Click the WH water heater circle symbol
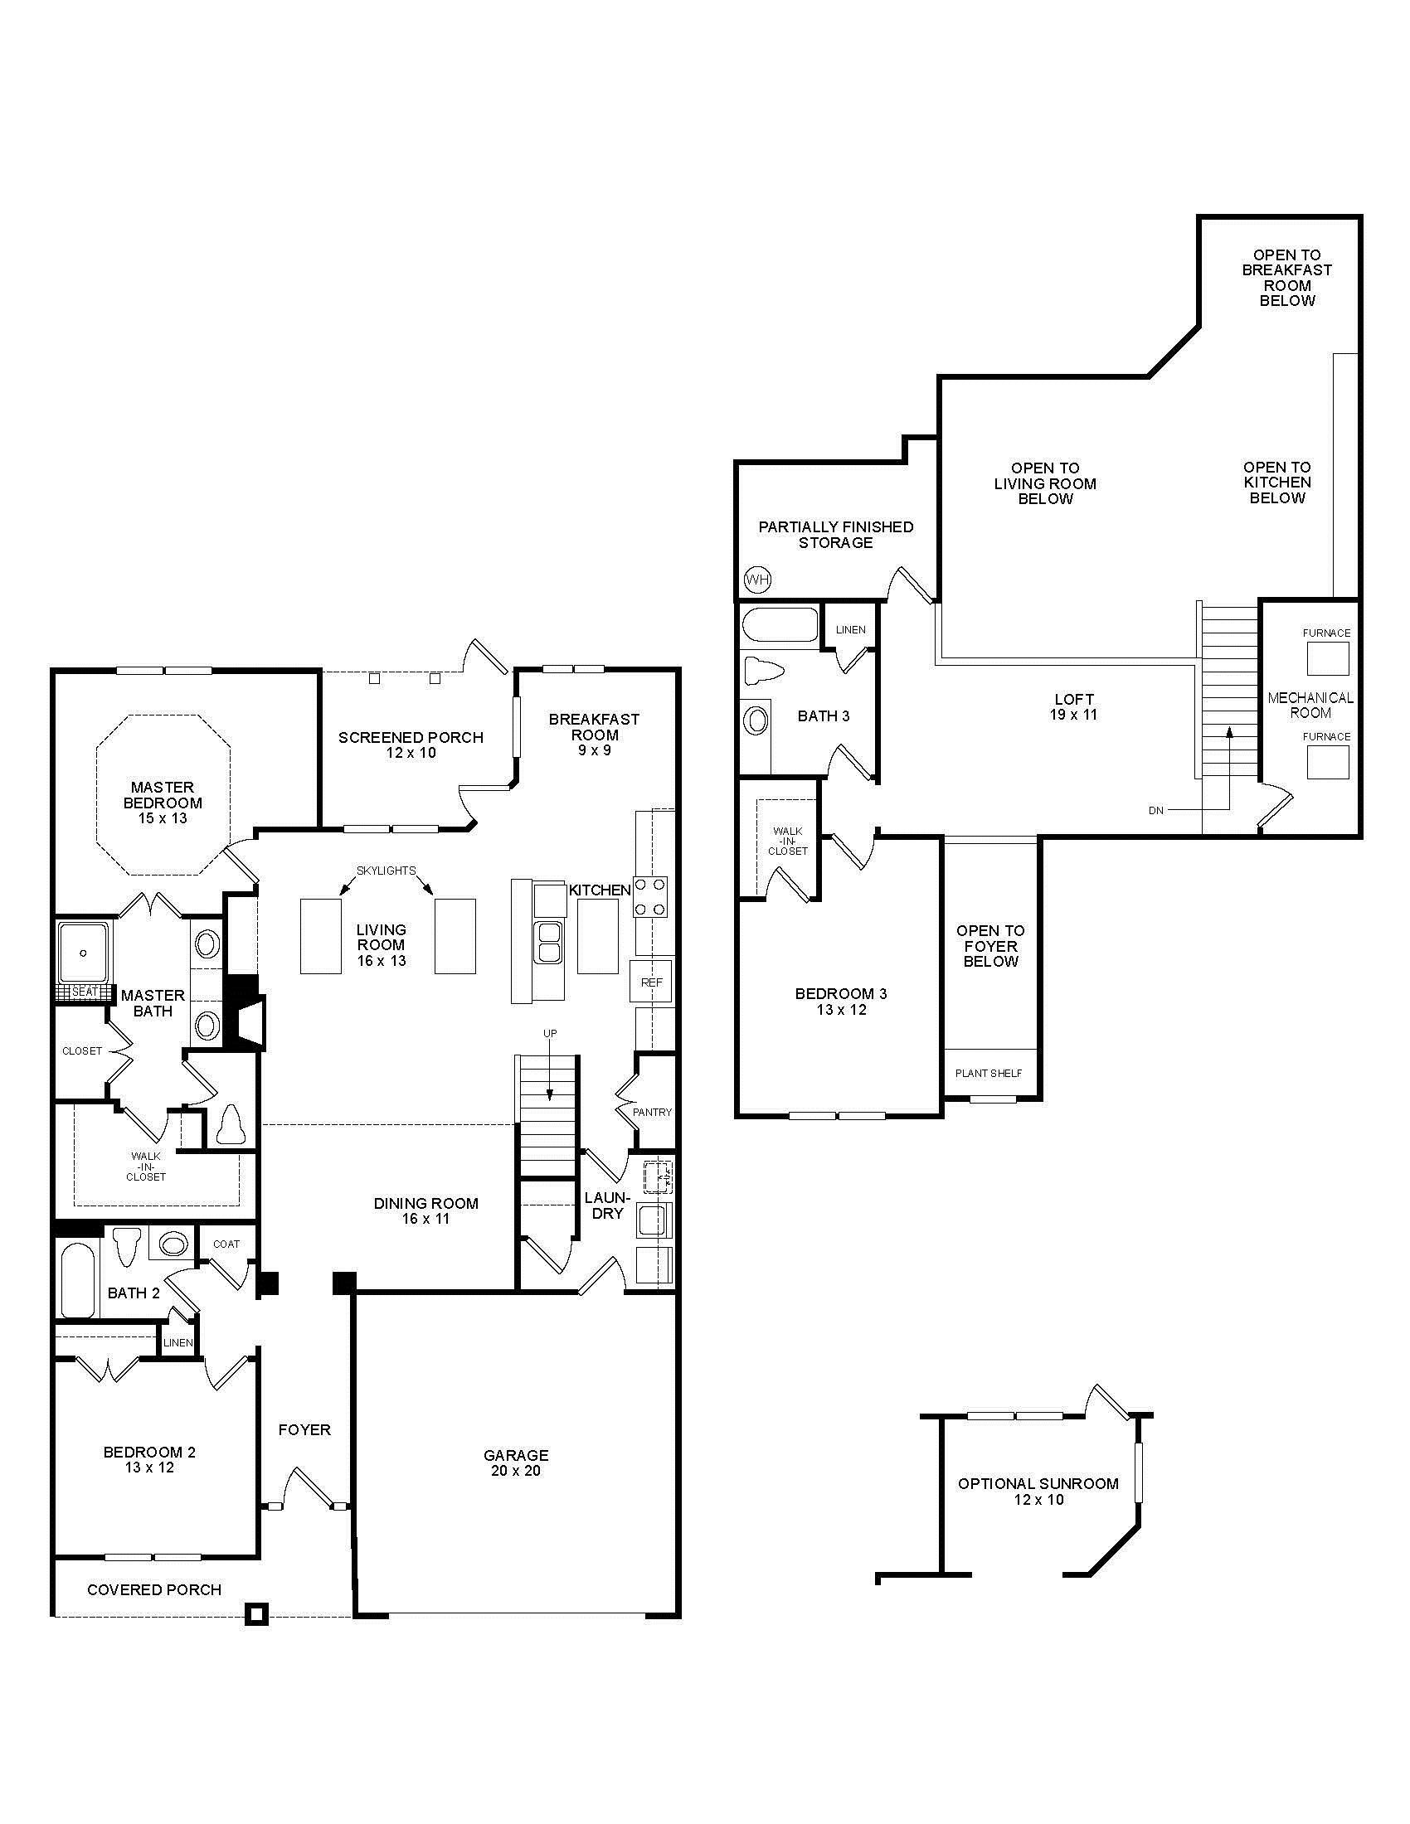757,579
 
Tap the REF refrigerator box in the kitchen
652,982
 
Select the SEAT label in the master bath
85,992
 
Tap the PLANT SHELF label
989,1073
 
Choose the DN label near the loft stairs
1156,810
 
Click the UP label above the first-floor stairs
550,1034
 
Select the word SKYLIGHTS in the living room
386,871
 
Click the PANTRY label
653,1112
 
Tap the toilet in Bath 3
762,672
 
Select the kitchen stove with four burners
651,896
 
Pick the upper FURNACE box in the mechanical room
1328,659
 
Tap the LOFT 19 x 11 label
1074,706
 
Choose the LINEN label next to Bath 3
851,630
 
